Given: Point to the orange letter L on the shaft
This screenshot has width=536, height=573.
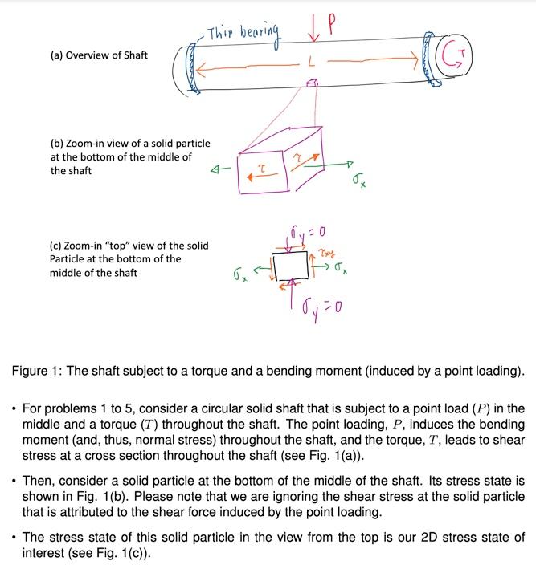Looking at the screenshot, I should tap(311, 63).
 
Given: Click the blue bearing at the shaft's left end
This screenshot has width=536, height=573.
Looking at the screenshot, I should tap(190, 67).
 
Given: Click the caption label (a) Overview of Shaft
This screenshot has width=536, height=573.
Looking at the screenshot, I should tap(98, 55).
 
